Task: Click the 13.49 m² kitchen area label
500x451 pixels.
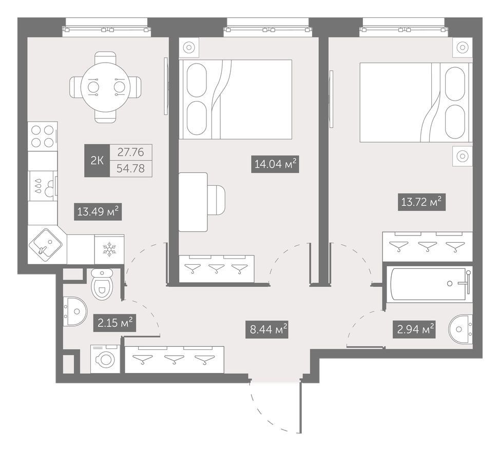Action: (98, 211)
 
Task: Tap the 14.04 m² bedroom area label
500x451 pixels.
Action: (275, 164)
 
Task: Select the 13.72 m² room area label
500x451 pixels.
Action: (421, 202)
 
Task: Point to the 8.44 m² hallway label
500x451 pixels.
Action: (267, 329)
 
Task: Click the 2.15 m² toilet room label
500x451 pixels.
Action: (115, 323)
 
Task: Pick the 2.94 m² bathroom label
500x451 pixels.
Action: (414, 329)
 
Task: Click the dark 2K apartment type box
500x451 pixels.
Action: (97, 161)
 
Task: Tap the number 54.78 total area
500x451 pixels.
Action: (131, 168)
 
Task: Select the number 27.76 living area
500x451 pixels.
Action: (131, 152)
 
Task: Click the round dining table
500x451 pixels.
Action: (105, 87)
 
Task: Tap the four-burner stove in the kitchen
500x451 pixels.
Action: (43, 136)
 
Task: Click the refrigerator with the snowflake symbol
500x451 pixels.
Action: (109, 249)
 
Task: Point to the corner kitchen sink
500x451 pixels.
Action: (45, 244)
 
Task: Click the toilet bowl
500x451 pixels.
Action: (102, 284)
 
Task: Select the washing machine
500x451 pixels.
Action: (105, 359)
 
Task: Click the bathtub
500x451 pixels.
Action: (429, 284)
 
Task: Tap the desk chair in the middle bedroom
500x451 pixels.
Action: (216, 202)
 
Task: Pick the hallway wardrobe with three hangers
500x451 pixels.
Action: (174, 360)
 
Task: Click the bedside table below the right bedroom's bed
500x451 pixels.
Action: (463, 156)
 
